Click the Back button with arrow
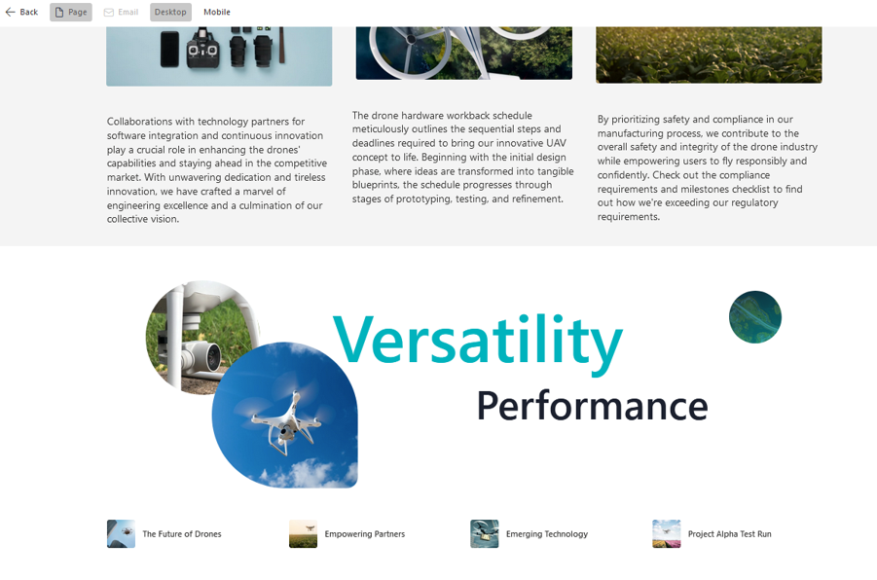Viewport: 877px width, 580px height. pos(21,12)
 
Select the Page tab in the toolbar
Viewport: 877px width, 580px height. pos(71,12)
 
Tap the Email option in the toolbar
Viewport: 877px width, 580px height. pos(121,12)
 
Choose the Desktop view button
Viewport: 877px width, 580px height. pos(170,12)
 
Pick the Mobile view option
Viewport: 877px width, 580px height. pos(217,12)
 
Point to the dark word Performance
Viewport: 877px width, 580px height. pos(593,406)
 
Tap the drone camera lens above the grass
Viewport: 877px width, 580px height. pos(212,355)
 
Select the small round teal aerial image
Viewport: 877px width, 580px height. pos(755,317)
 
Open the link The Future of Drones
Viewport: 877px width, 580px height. pos(182,534)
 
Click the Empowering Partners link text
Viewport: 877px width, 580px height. pos(365,534)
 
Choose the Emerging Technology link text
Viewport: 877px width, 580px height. pos(547,534)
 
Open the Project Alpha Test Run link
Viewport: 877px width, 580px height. pos(729,534)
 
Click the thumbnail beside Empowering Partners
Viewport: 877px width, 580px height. pos(303,534)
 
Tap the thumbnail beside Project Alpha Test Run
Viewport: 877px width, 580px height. pos(667,534)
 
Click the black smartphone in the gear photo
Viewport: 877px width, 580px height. pos(169,50)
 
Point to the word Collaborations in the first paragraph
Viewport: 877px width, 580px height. pos(139,122)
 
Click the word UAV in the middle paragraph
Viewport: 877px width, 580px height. pos(555,143)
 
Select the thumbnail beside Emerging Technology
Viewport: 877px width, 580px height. pos(485,534)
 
